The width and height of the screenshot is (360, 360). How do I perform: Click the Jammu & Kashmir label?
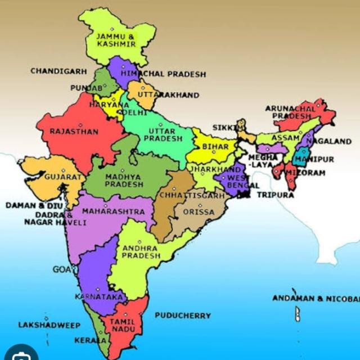click(116, 39)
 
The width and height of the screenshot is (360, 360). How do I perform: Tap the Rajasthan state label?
click(74, 132)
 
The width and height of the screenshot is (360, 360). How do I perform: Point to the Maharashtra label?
click(113, 212)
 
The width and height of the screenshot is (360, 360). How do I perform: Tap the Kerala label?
click(90, 340)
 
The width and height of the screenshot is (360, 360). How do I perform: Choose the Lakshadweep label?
click(49, 325)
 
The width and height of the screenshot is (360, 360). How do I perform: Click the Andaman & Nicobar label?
click(316, 298)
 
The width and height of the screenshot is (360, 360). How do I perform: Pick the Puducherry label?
click(183, 316)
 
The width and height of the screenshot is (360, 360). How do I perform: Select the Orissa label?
click(198, 213)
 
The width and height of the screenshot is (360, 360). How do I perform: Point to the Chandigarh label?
click(58, 71)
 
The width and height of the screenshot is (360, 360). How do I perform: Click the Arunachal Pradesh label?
click(291, 111)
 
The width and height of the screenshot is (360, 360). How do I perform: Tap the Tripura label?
click(276, 195)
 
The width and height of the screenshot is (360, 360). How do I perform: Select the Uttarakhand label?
click(168, 95)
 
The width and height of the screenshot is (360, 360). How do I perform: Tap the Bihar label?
click(215, 146)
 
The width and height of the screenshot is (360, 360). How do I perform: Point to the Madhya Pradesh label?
click(124, 180)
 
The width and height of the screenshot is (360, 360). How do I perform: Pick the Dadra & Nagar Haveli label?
click(55, 219)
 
